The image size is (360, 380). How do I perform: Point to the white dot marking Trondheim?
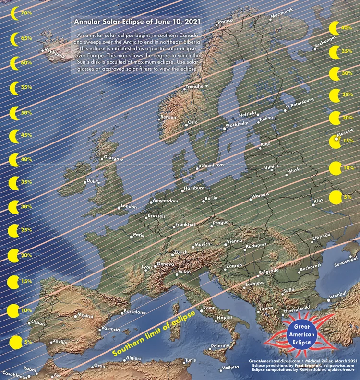(x=184, y=89)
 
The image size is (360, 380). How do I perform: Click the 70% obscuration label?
(x=26, y=13)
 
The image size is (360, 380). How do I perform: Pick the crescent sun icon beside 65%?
(x=14, y=38)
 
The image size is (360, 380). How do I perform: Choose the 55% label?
(x=26, y=87)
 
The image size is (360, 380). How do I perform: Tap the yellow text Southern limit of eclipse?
(x=154, y=333)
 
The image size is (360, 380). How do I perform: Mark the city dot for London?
(x=119, y=208)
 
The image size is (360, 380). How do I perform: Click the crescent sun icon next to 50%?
(x=14, y=113)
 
